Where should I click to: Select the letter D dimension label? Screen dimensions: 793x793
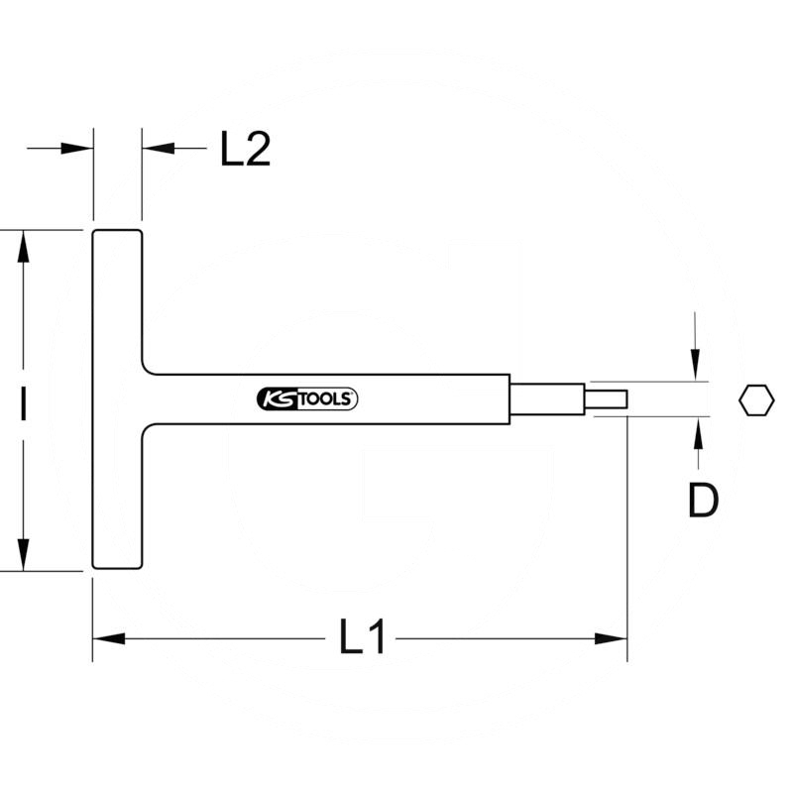click(702, 503)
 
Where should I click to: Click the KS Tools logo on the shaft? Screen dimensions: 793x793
click(307, 398)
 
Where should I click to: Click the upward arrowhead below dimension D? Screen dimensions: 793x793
click(698, 432)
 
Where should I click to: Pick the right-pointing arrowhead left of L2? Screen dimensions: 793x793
click(78, 149)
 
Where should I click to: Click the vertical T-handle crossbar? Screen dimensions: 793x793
click(118, 398)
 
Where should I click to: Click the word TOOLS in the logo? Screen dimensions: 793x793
click(329, 398)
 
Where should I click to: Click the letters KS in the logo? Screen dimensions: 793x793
click(277, 398)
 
